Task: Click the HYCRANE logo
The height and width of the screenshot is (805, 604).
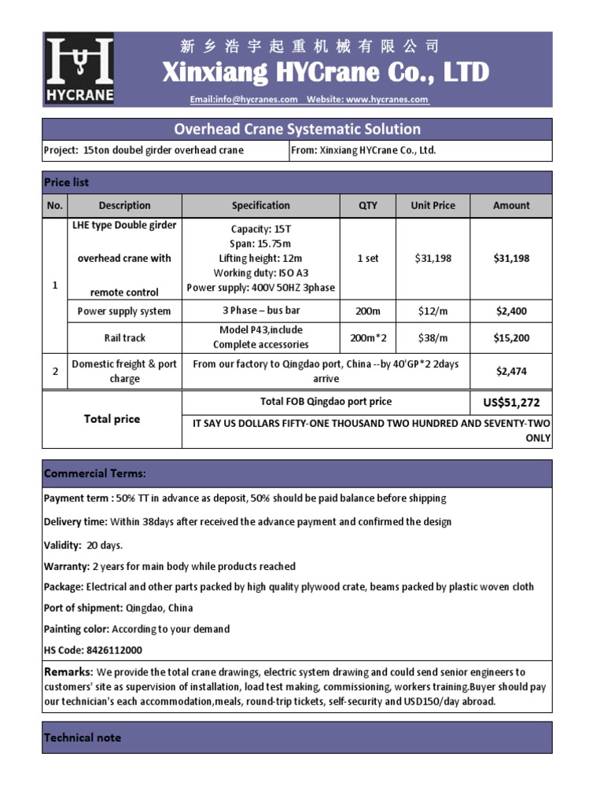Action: coord(79,69)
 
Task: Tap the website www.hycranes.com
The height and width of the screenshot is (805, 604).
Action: coord(387,100)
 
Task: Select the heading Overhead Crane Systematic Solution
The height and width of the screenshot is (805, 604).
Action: coord(296,129)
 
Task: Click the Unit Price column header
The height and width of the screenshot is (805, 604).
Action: coord(433,206)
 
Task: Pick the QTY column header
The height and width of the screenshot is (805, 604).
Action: coord(367,206)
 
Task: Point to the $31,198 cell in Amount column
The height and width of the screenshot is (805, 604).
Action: coord(511,259)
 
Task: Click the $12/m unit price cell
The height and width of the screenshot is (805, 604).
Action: coord(433,311)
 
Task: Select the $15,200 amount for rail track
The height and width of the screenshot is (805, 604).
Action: coord(511,338)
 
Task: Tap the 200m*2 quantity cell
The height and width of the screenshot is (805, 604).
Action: coord(367,338)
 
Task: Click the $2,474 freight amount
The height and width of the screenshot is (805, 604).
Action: coord(511,371)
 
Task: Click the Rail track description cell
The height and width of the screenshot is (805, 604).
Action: coord(124,338)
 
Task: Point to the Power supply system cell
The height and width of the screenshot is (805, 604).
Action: coord(124,311)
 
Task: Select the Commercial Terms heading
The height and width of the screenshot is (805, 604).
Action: coord(95,473)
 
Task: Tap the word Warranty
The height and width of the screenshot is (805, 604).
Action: coord(66,567)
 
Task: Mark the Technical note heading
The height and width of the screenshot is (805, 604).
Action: coord(83,738)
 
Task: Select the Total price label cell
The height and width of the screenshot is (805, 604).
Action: coord(112,419)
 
